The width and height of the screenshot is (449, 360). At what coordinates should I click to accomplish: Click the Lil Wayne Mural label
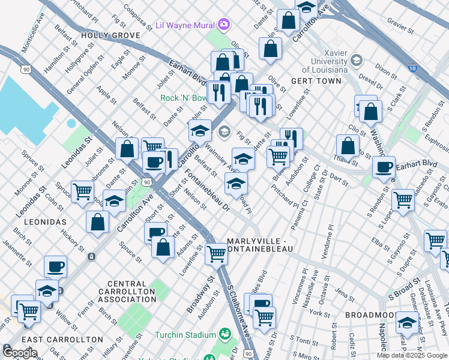tap(184, 25)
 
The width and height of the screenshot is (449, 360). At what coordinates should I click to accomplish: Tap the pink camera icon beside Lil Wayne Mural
tap(224, 24)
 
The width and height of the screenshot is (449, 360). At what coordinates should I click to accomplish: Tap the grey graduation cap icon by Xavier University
tap(357, 60)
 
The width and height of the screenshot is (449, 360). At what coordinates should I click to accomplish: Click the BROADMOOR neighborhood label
tap(370, 314)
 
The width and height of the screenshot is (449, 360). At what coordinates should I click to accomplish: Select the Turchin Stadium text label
tap(185, 334)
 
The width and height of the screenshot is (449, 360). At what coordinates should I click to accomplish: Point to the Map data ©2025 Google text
tap(411, 355)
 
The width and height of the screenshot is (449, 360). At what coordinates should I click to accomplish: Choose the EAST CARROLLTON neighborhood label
tap(67, 339)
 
